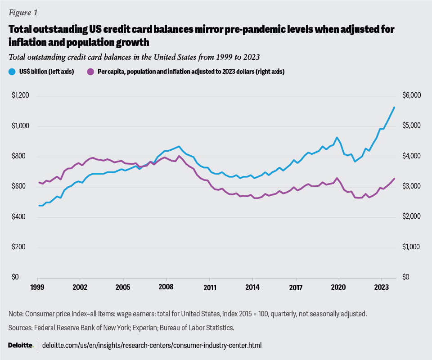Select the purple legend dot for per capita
[x=90, y=71]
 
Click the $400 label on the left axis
[x=21, y=217]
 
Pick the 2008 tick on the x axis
[x=166, y=287]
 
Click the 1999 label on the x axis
[x=37, y=287]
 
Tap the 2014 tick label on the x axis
[x=252, y=287]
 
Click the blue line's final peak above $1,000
[x=394, y=107]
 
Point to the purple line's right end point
[x=394, y=179]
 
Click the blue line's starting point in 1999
[x=39, y=206]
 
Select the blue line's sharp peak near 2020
[x=336, y=137]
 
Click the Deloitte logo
[x=21, y=345]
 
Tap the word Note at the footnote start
[x=16, y=313]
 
